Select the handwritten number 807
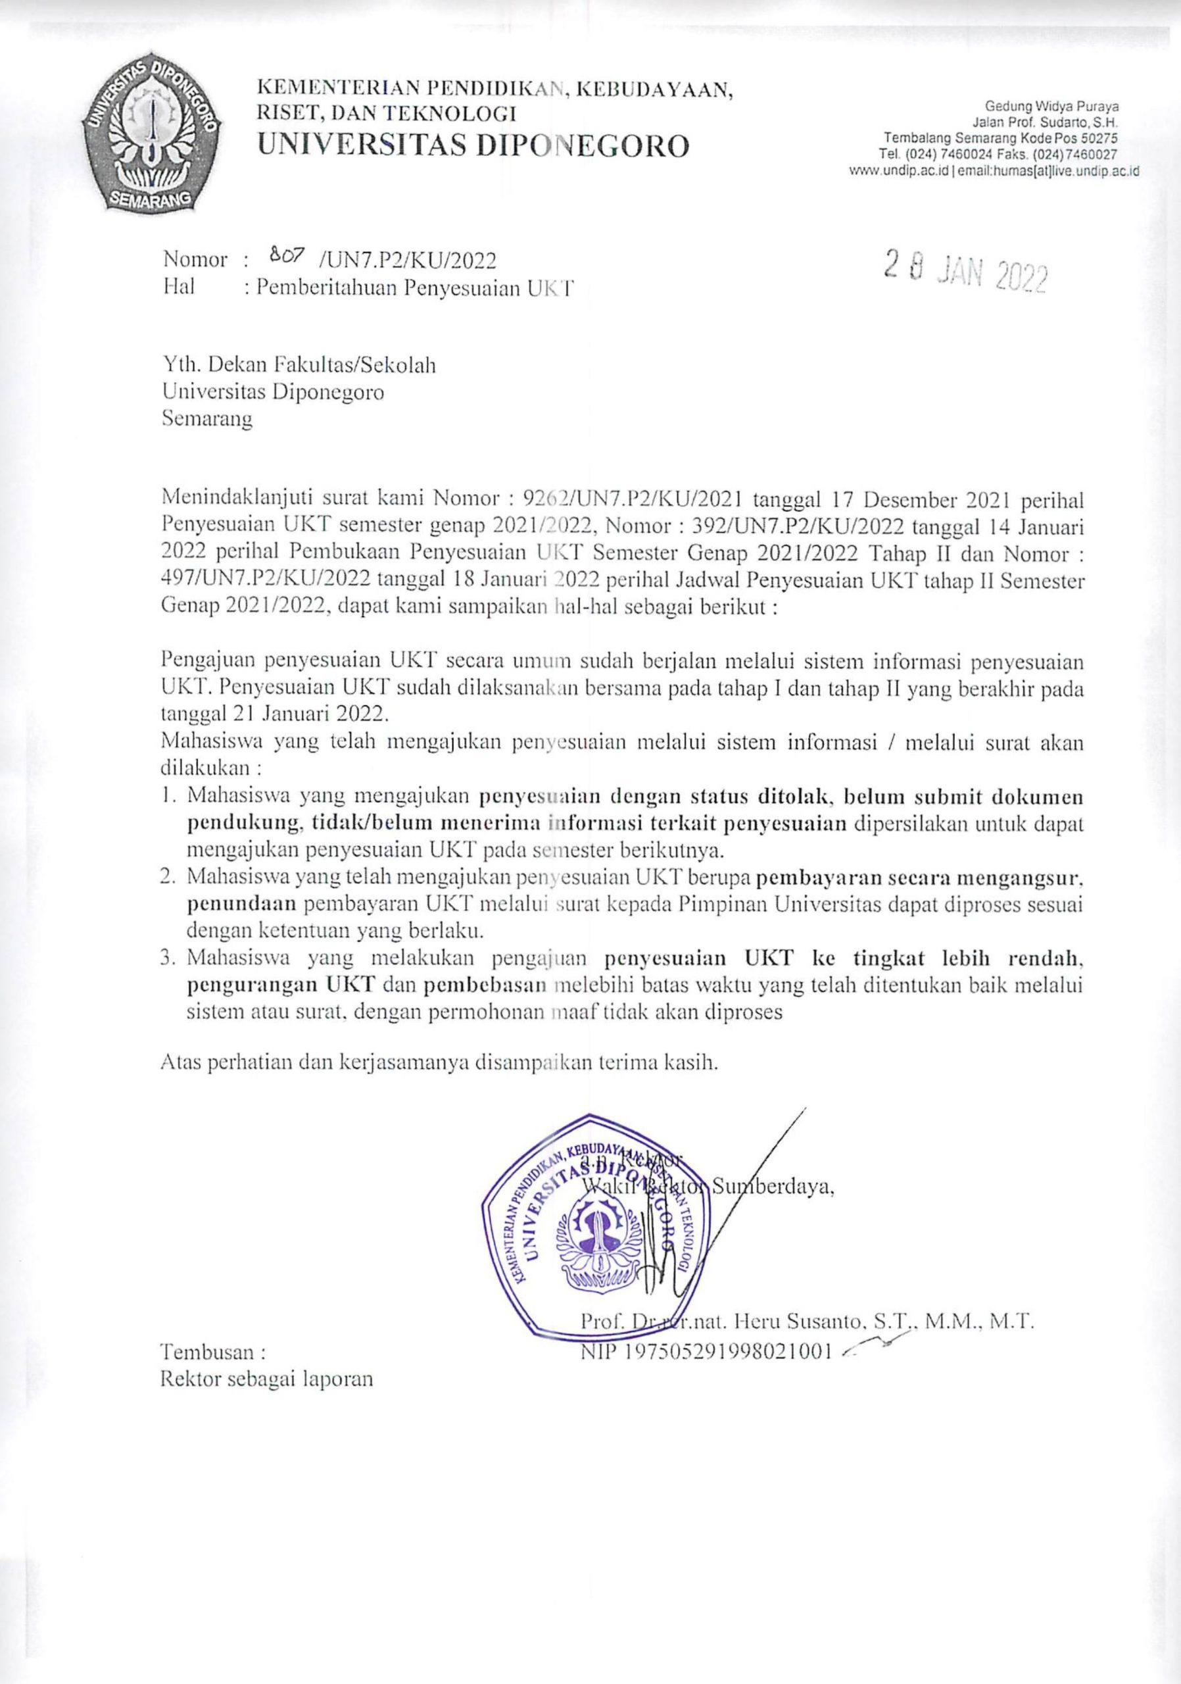click(282, 257)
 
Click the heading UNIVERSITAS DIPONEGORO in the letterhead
click(473, 146)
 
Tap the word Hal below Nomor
click(179, 287)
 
